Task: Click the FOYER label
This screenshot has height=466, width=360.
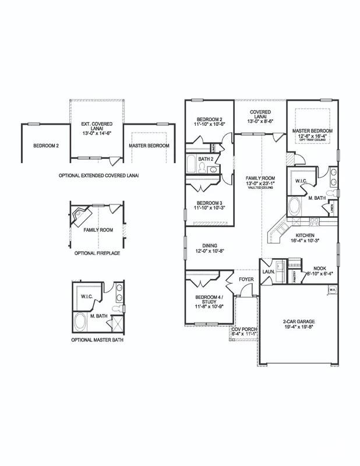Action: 246,279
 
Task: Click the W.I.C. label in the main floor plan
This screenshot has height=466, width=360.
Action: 301,181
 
